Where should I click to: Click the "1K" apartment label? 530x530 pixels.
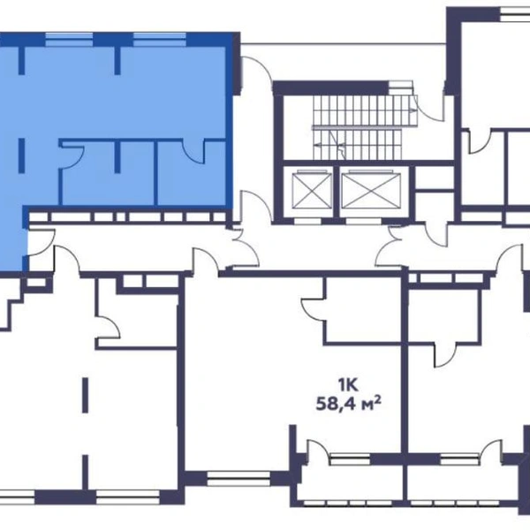click(x=348, y=384)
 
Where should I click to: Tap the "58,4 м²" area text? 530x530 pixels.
click(x=349, y=404)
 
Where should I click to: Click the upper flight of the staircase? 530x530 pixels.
click(x=364, y=110)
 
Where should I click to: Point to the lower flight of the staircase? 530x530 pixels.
click(x=357, y=145)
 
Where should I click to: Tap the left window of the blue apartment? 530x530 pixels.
click(x=69, y=40)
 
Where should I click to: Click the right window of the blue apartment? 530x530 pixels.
click(x=160, y=40)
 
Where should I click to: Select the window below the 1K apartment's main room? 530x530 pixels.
click(x=238, y=478)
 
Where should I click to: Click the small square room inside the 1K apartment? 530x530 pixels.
click(x=363, y=310)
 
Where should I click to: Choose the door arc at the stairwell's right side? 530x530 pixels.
click(x=429, y=108)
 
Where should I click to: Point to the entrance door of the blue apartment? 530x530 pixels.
click(x=41, y=242)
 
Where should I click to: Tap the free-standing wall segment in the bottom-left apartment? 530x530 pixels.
click(x=85, y=395)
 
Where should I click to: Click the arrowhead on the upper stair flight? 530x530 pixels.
click(x=412, y=110)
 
